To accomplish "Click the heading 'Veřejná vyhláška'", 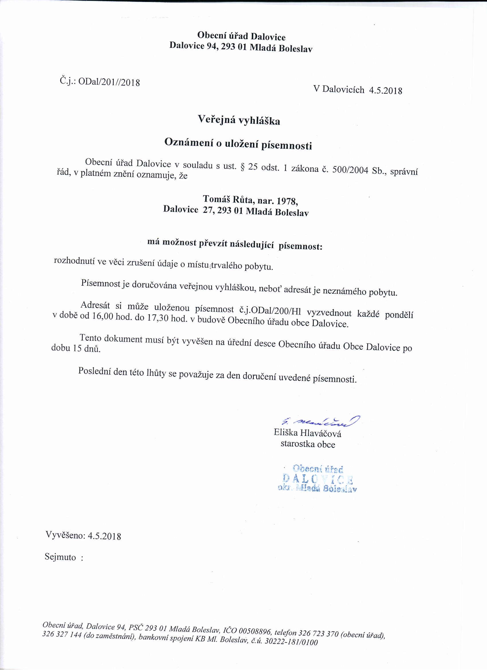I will click(x=239, y=120).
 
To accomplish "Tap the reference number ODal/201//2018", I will click(x=109, y=82).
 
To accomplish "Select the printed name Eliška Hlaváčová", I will click(x=307, y=434).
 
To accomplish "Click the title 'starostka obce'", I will click(x=308, y=444).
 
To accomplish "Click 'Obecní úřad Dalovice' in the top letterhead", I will click(x=241, y=37).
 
